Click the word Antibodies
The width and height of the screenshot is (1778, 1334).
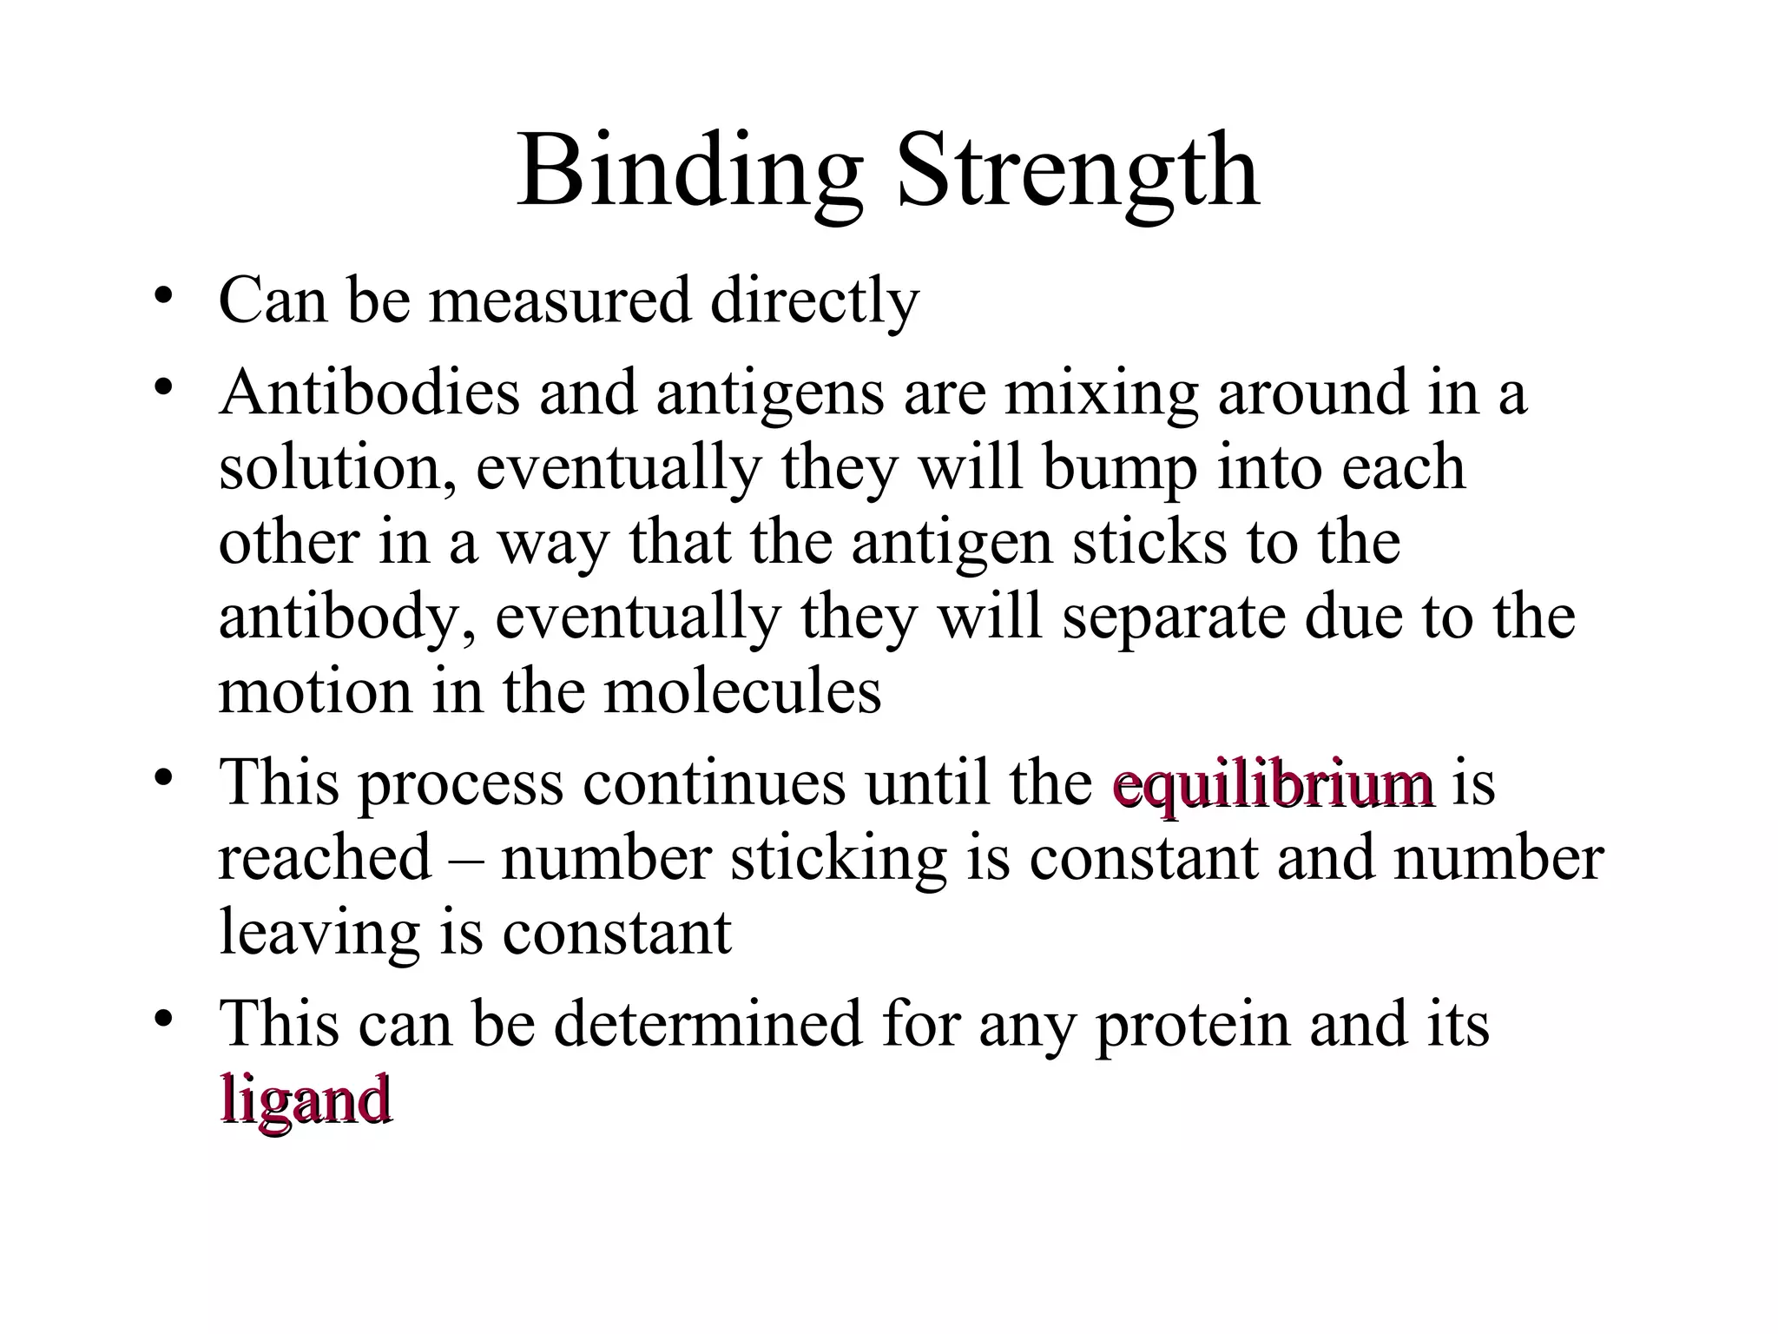click(x=369, y=393)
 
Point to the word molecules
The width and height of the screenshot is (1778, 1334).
click(x=742, y=692)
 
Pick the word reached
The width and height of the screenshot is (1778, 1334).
click(x=325, y=859)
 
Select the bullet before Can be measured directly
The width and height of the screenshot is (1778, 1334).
click(x=162, y=299)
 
